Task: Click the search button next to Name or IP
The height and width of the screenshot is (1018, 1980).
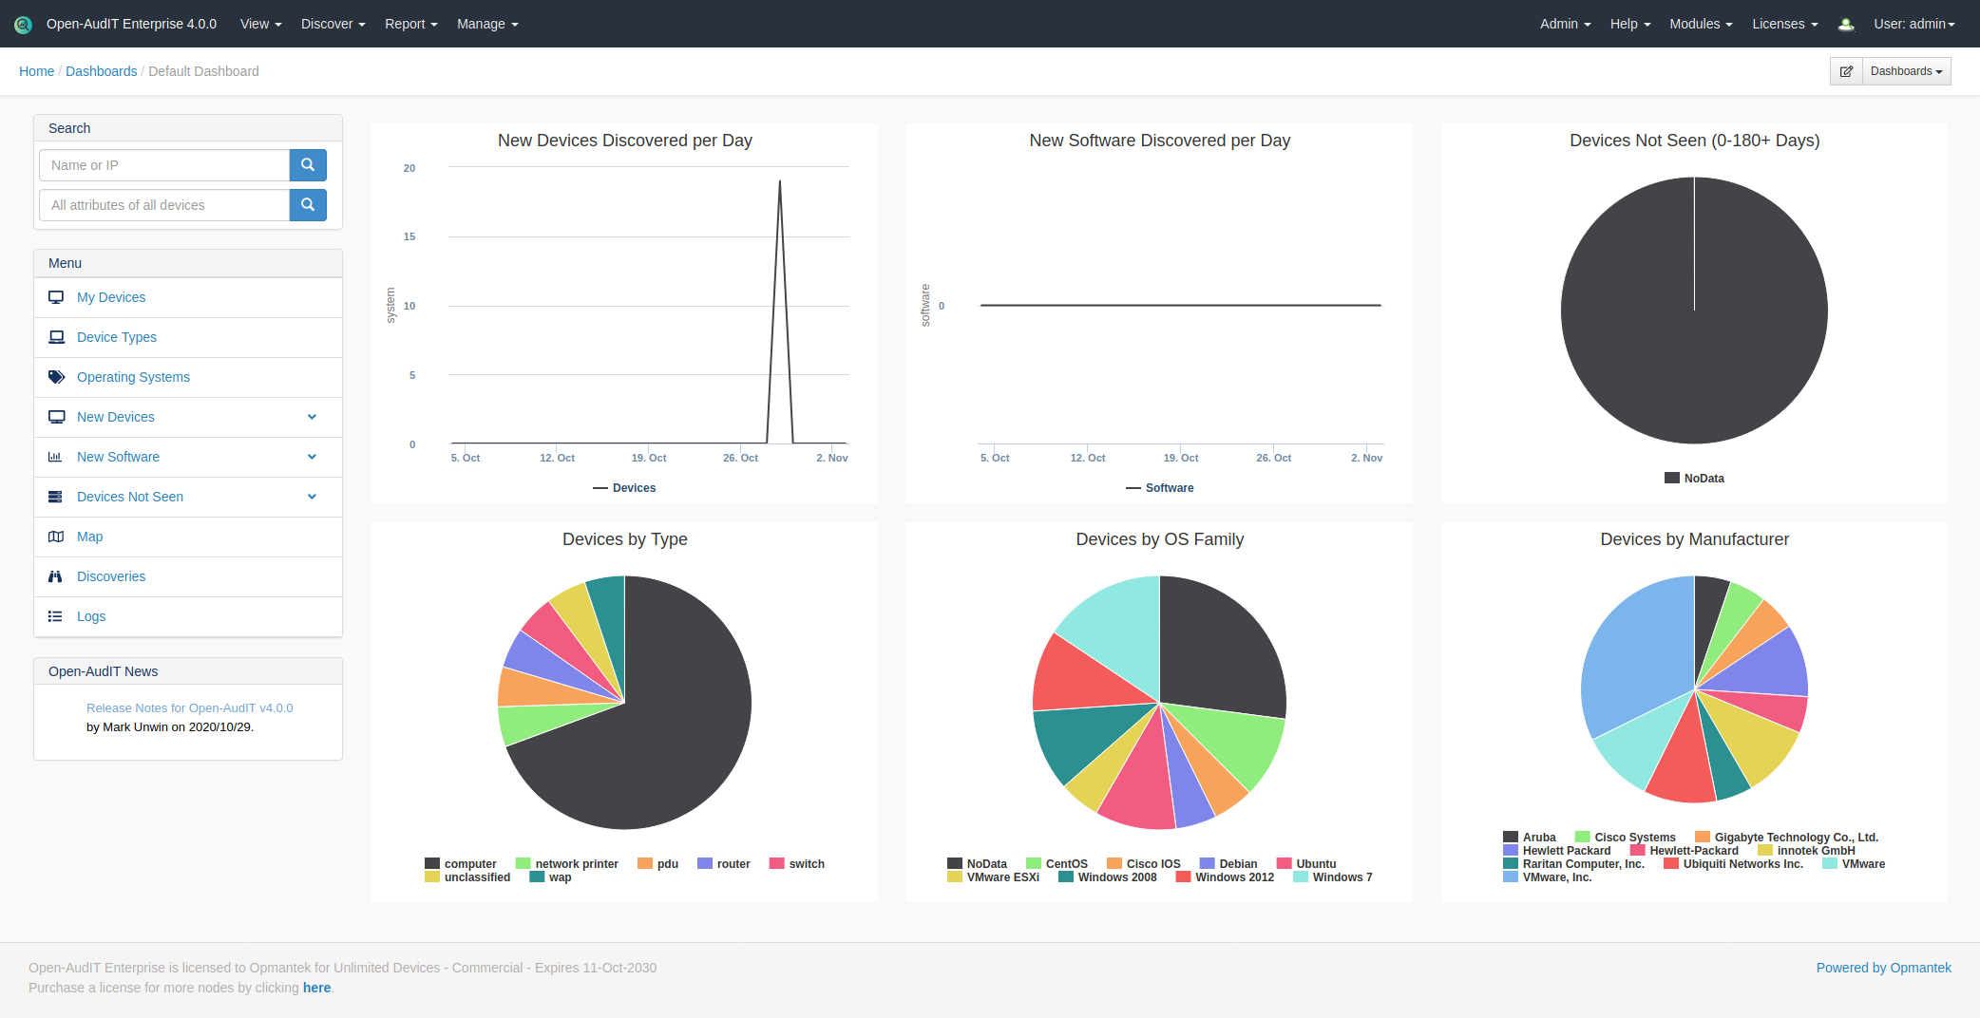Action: [308, 165]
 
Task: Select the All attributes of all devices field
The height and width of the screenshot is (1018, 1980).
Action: [164, 205]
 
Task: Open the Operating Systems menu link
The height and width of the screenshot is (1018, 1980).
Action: [133, 377]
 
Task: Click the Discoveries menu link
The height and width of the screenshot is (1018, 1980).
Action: [111, 576]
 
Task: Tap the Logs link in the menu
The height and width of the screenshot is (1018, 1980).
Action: [91, 616]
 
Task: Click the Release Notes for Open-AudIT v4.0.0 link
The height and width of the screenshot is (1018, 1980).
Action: [189, 708]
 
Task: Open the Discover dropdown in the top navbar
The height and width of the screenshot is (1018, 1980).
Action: [333, 24]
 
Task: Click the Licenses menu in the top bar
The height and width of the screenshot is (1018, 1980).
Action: [1784, 24]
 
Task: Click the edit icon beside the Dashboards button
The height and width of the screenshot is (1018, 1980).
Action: [1846, 71]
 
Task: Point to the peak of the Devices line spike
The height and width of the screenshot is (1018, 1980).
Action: [780, 181]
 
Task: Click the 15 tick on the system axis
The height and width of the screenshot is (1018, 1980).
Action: [409, 236]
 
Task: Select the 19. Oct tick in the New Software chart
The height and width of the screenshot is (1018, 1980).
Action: [1181, 458]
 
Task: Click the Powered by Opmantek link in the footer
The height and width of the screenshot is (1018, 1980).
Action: [1883, 968]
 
